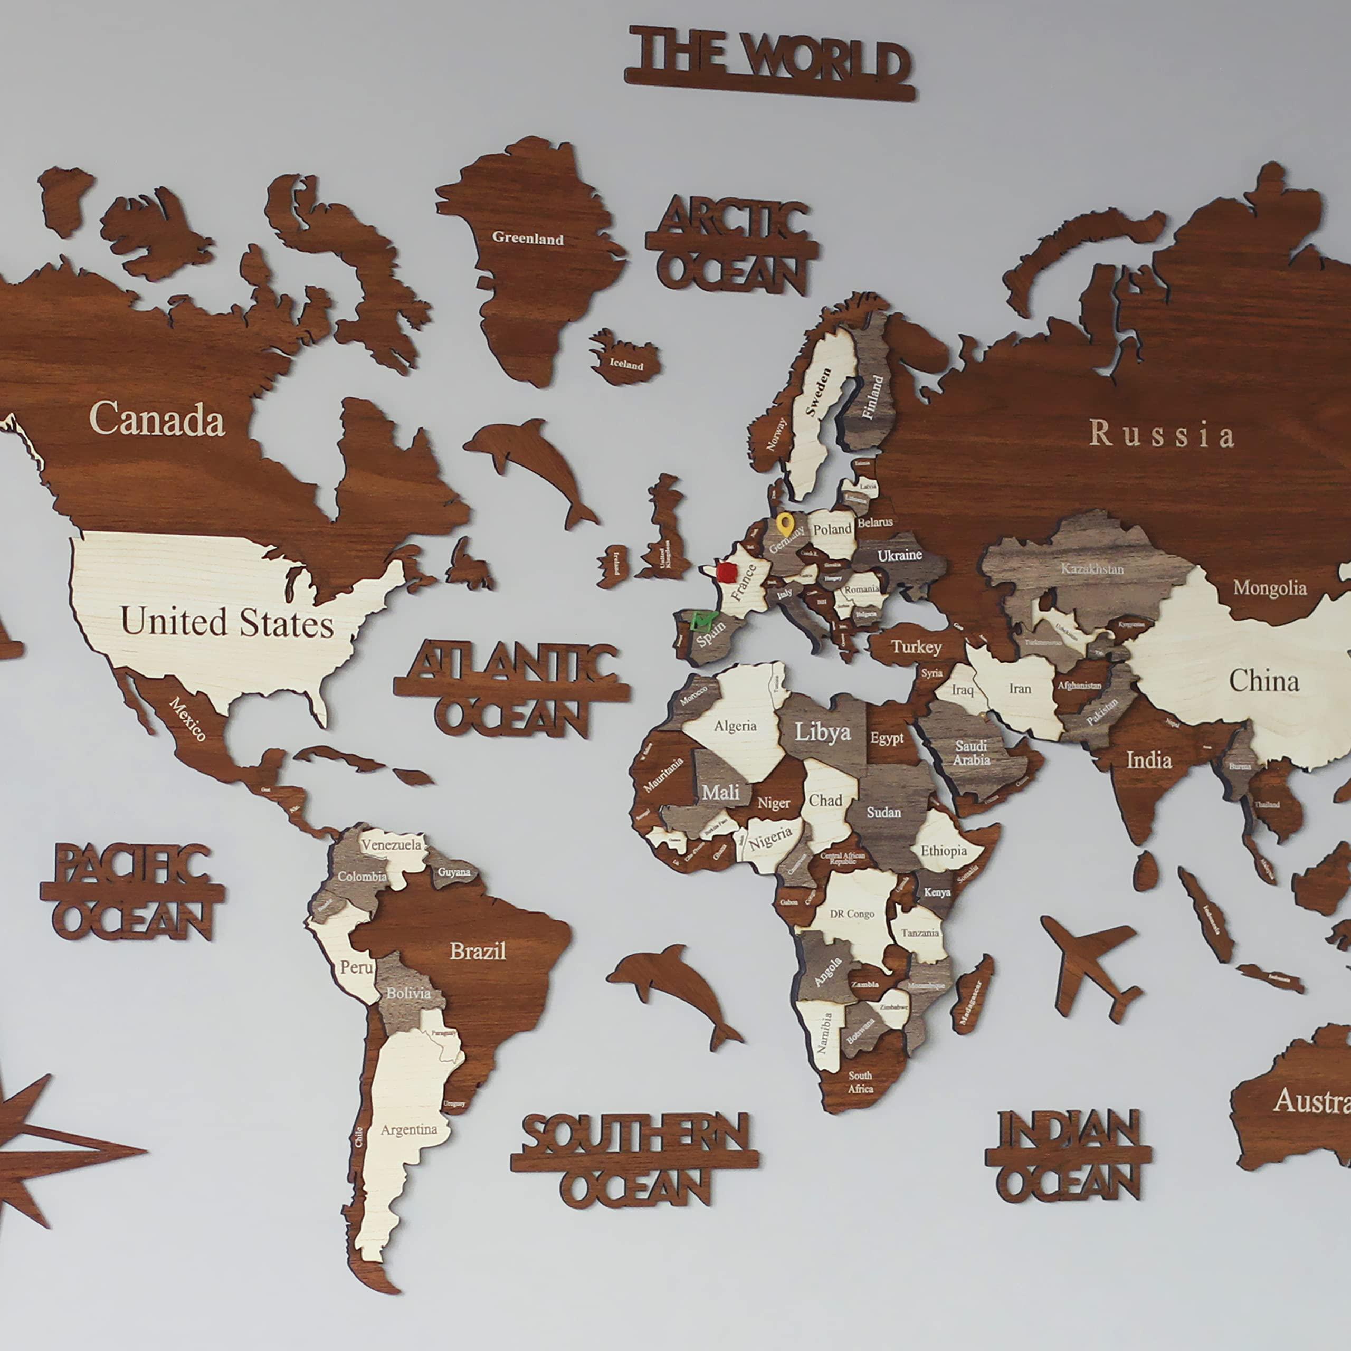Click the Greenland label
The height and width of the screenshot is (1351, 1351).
527,239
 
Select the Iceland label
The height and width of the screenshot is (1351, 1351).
626,364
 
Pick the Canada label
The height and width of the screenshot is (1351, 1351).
157,420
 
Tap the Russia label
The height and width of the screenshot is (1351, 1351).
1162,434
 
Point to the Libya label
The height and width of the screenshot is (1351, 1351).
822,732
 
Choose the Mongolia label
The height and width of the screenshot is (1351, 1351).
1269,588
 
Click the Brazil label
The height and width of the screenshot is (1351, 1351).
478,951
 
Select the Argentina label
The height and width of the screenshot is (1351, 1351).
408,1129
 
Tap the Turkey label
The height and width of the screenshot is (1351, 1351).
916,647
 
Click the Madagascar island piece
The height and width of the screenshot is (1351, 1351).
972,994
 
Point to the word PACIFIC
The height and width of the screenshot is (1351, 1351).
132,863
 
